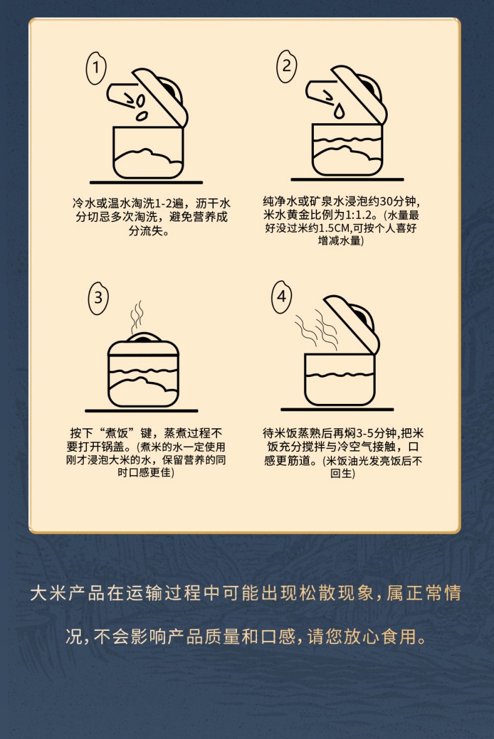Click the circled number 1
[x=96, y=68]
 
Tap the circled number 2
[x=286, y=66]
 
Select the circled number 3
[x=98, y=298]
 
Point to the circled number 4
[x=281, y=296]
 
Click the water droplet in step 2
[x=339, y=111]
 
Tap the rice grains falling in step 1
[x=139, y=106]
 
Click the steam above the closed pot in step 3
[x=137, y=315]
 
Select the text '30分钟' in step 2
[x=398, y=202]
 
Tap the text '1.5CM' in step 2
[x=334, y=229]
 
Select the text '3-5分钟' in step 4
[x=376, y=433]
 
